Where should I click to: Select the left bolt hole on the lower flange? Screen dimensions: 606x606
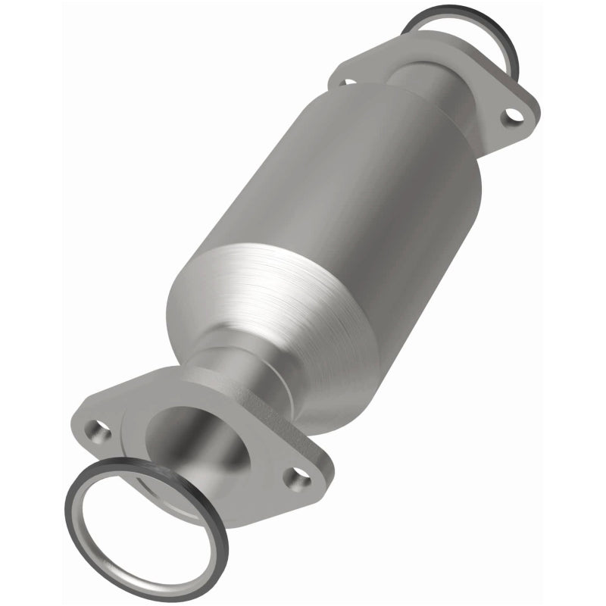click(x=97, y=431)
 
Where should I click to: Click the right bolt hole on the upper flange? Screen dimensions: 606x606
click(x=514, y=114)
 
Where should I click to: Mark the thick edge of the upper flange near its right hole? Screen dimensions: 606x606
click(x=523, y=133)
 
